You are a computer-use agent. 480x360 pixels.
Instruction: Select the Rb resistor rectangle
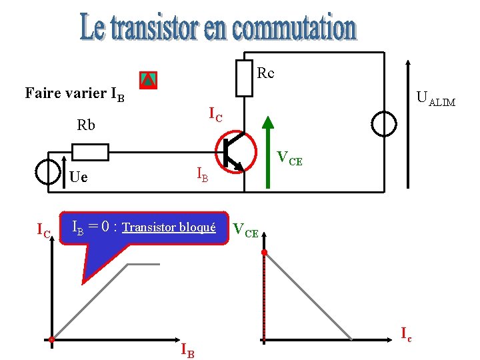coord(89,153)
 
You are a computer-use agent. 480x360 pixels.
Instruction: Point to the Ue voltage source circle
coord(49,171)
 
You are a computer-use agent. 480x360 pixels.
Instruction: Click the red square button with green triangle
coord(148,80)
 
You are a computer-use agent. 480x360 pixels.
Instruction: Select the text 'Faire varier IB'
coord(74,93)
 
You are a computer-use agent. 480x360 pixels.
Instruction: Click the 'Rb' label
coord(86,125)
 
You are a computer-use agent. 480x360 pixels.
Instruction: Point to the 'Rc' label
coord(265,73)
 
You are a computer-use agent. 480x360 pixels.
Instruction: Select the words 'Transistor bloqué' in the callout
coord(169,227)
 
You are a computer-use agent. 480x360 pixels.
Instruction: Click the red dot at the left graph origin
coord(51,340)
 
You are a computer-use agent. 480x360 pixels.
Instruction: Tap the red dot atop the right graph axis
coord(264,253)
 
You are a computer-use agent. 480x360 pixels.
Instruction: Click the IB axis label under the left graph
coord(188,350)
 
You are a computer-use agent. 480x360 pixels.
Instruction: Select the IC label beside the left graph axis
coord(43,231)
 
